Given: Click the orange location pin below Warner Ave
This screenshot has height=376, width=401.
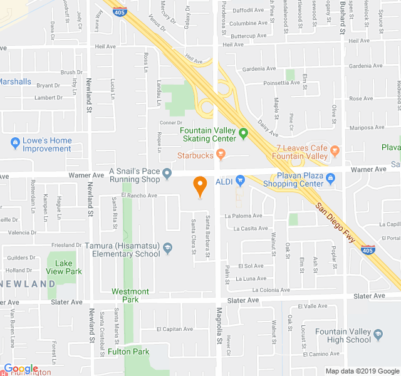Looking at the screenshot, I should [x=200, y=186].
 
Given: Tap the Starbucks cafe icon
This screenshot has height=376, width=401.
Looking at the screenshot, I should [x=220, y=154].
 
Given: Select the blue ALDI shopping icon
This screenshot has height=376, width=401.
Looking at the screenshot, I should [x=239, y=182].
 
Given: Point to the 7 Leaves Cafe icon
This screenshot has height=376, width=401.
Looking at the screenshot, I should [x=335, y=150].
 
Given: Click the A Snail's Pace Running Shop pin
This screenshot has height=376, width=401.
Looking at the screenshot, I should [x=167, y=173].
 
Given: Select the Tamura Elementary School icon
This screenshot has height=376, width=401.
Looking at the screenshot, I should [x=167, y=249].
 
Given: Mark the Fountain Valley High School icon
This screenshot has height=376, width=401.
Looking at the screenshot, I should [x=378, y=336].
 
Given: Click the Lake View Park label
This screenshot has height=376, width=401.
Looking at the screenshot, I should [x=68, y=268].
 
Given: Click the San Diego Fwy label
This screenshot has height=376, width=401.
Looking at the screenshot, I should [x=336, y=223].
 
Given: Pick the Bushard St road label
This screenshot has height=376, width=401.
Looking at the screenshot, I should [x=343, y=19].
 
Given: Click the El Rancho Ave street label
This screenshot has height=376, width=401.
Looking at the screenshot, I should [x=139, y=196].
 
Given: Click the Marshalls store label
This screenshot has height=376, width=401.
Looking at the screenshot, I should [x=15, y=81].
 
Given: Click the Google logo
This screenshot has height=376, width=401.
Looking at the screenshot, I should [x=21, y=368].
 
